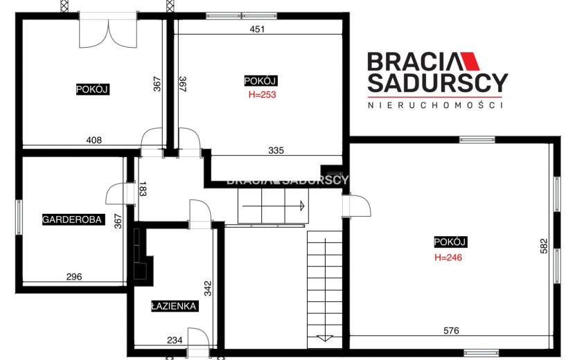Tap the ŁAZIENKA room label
pyautogui.click(x=175, y=306)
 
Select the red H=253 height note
pyautogui.click(x=262, y=95)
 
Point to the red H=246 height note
pyautogui.click(x=448, y=258)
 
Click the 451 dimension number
pyautogui.click(x=257, y=29)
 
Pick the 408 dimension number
pyautogui.click(x=94, y=140)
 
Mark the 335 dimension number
pyautogui.click(x=276, y=150)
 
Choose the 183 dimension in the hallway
pyautogui.click(x=143, y=189)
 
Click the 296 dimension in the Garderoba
pyautogui.click(x=74, y=277)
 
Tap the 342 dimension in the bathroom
pyautogui.click(x=208, y=288)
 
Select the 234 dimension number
pyautogui.click(x=175, y=340)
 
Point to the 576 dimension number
pyautogui.click(x=451, y=331)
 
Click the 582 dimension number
pyautogui.click(x=544, y=246)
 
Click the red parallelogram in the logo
pyautogui.click(x=470, y=61)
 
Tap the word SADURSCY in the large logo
pyautogui.click(x=438, y=83)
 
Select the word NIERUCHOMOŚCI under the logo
pyautogui.click(x=435, y=105)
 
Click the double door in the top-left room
pyautogui.click(x=109, y=33)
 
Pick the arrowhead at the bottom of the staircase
pyautogui.click(x=324, y=339)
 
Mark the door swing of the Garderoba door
pyautogui.click(x=115, y=193)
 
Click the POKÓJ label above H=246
pyautogui.click(x=450, y=242)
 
